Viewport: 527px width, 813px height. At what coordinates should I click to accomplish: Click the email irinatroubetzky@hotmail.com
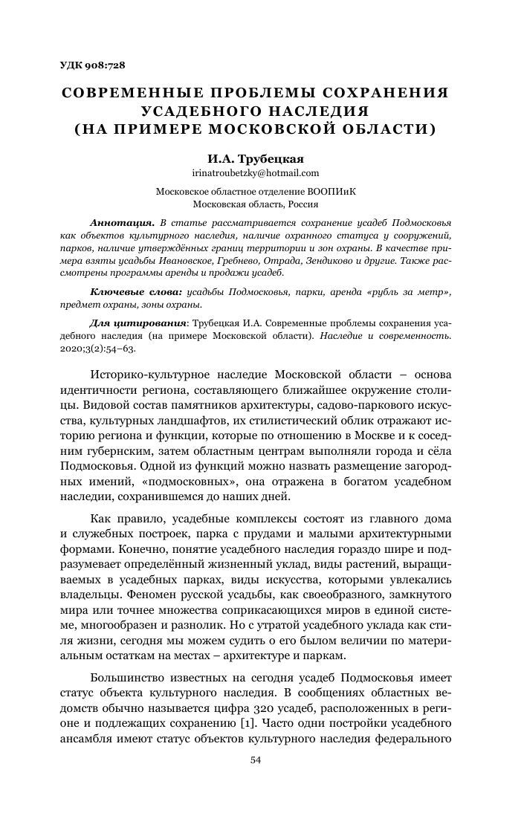click(x=256, y=173)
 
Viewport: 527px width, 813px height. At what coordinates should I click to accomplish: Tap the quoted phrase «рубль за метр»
click(x=410, y=293)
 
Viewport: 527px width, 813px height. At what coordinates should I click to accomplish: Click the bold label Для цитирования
click(x=132, y=324)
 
